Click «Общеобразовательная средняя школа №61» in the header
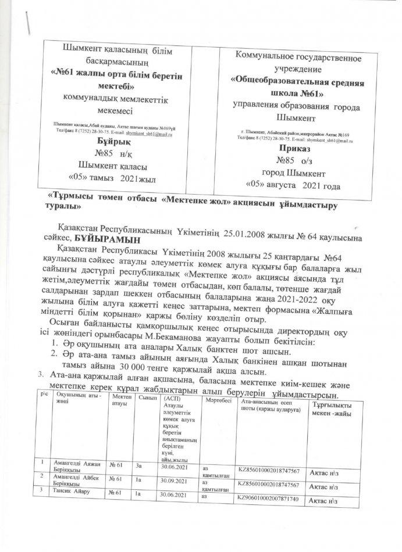point(298,87)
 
